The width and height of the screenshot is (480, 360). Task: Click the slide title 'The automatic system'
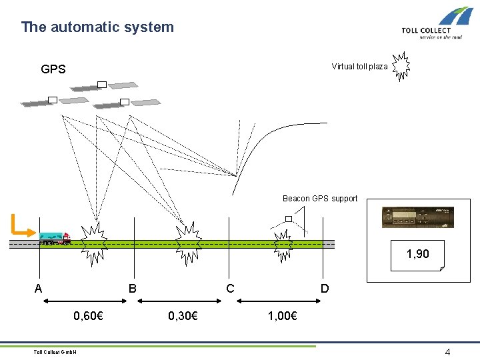(x=97, y=27)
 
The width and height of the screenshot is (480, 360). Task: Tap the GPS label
(x=53, y=69)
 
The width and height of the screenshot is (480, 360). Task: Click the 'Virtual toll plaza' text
(x=359, y=67)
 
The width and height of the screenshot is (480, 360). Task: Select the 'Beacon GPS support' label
(x=320, y=199)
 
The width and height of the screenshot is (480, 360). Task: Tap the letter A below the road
(x=39, y=289)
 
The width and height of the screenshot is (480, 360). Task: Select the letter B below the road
(x=133, y=289)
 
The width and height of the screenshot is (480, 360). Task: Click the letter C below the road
(x=230, y=289)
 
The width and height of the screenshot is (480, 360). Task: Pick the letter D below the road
(x=325, y=289)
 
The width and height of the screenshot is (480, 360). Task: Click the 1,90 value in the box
(x=418, y=254)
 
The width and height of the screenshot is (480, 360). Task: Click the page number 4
(x=448, y=352)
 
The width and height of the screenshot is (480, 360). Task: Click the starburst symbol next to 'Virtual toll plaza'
(x=401, y=65)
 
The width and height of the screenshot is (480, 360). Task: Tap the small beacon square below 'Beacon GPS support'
(x=289, y=219)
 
